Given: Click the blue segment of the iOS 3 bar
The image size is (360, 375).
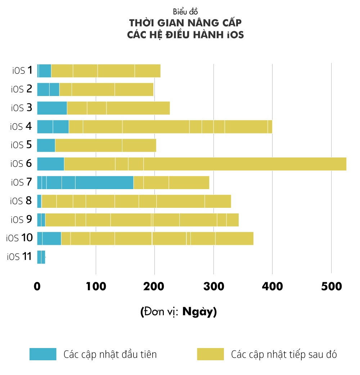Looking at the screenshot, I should (x=52, y=108).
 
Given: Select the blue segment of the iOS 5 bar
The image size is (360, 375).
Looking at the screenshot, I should (x=46, y=145).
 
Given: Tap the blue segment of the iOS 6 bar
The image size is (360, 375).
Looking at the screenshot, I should (x=50, y=164).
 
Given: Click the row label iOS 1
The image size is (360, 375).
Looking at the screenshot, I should (x=23, y=70).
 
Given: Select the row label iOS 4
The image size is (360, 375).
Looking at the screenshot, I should (x=22, y=126).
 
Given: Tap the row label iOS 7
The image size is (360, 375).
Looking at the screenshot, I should (x=22, y=182).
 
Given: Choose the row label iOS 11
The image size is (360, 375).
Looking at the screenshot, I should (x=19, y=257).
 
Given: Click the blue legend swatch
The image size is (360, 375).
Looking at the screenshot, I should (x=43, y=354).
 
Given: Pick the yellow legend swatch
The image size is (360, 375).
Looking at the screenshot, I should (x=210, y=354).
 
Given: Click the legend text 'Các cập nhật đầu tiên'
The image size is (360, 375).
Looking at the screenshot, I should (x=110, y=355).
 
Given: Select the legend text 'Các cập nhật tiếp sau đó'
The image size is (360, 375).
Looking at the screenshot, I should (x=284, y=355).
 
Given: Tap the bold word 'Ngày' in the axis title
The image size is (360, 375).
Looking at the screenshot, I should (x=198, y=311).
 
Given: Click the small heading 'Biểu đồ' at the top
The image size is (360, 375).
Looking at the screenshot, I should (x=185, y=12).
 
